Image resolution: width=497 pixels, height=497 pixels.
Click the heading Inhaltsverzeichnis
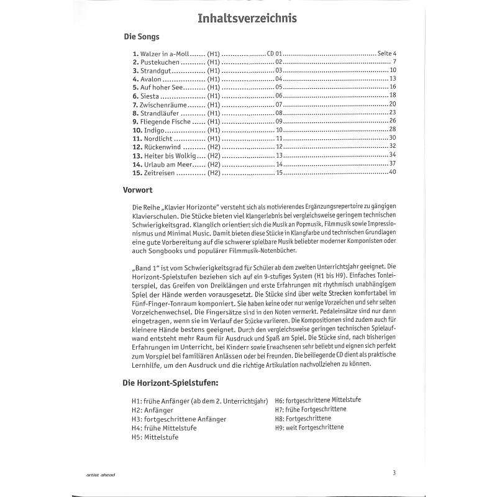pos(247,19)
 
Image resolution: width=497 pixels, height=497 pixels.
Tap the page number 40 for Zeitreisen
pos(392,172)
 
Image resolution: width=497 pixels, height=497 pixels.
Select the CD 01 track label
pos(274,54)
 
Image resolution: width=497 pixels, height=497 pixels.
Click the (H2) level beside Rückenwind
pos(214,147)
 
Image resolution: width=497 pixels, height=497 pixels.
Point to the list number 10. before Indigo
pos(137,130)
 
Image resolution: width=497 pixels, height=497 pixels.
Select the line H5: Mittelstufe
pos(155,437)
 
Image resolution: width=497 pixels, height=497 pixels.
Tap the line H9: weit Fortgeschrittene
pos(309,427)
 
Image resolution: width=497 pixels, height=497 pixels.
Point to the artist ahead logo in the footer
pos(101,475)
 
